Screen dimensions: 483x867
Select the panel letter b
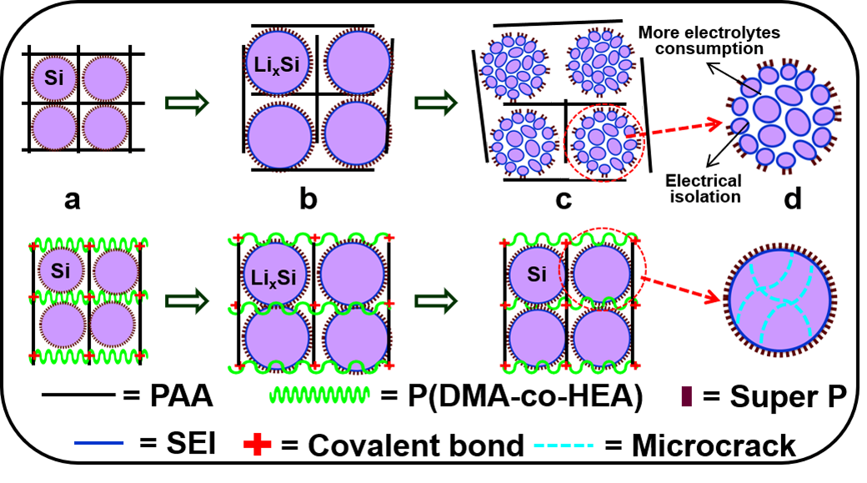click(x=308, y=202)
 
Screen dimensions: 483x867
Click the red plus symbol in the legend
click(x=260, y=443)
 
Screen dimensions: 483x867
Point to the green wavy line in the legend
click(x=316, y=394)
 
